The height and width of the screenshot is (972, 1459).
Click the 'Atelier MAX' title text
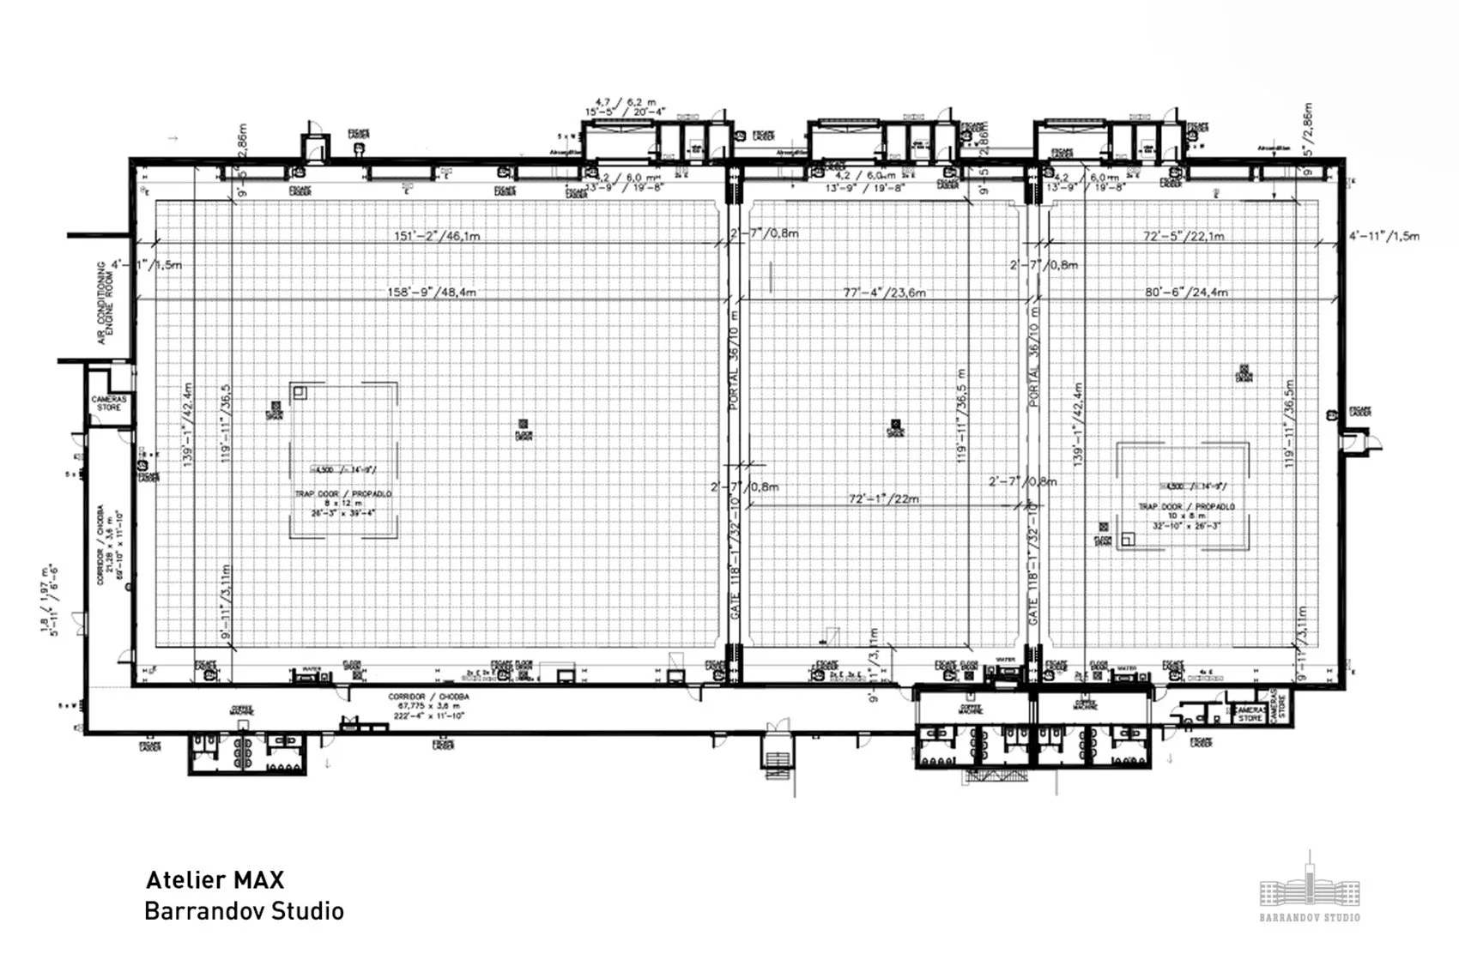215,879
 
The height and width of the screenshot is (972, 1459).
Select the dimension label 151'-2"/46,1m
437,236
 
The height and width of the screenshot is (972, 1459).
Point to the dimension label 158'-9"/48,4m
432,293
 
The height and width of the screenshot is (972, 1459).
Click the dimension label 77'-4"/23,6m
884,293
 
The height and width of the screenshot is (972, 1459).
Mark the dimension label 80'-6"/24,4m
1186,293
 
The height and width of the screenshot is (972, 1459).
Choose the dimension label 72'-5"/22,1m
1183,236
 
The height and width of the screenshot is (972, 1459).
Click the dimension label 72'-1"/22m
883,498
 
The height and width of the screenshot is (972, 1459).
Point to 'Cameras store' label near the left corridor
109,403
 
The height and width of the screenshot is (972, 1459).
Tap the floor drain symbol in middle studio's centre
895,424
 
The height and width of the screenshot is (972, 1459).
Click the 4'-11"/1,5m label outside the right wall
1383,236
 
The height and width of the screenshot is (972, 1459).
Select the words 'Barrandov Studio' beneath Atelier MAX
244,910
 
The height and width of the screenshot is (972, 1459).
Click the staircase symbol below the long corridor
778,759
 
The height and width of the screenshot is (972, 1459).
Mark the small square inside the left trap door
300,393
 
